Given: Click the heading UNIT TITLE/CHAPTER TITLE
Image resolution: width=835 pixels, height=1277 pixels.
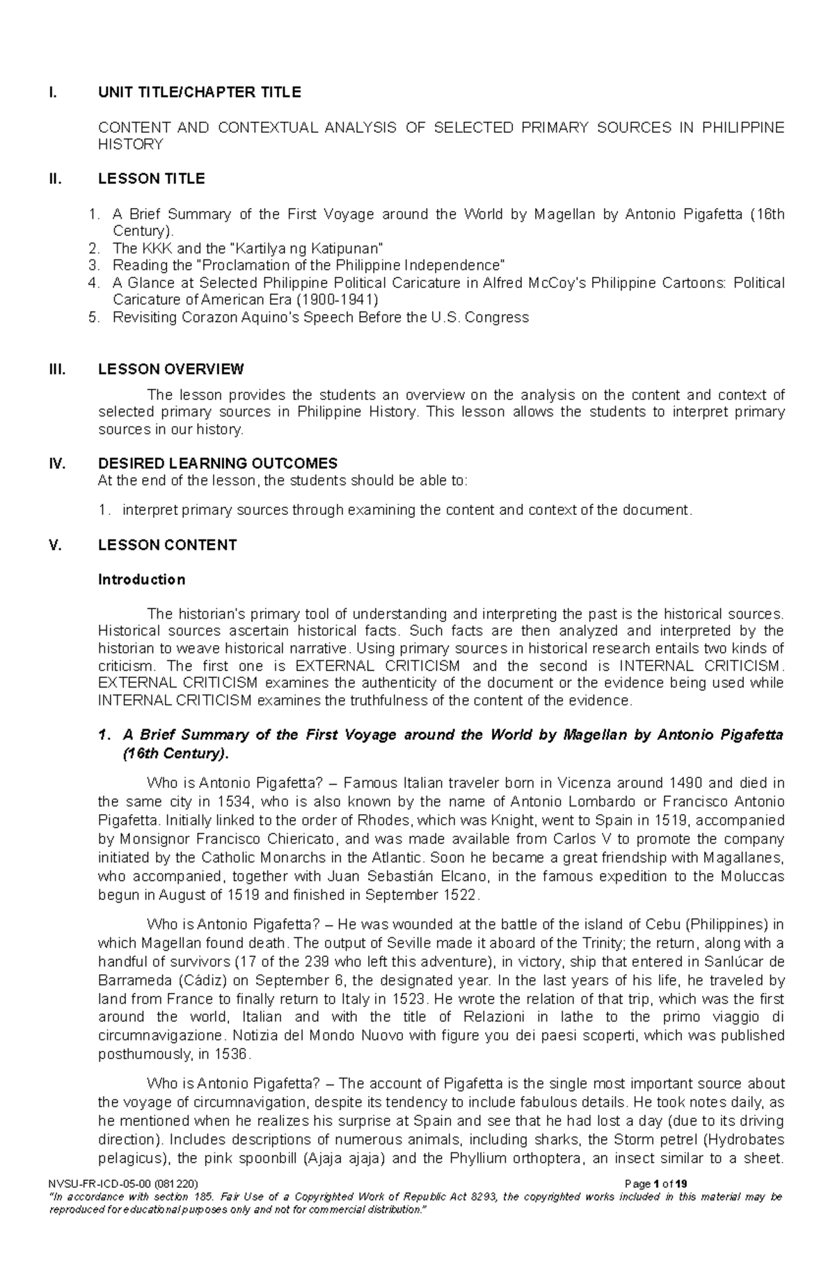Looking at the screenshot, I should pos(199,93).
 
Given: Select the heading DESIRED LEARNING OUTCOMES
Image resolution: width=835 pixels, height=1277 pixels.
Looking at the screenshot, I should pos(218,463).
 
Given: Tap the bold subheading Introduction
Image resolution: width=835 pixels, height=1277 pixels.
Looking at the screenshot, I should pos(141,580).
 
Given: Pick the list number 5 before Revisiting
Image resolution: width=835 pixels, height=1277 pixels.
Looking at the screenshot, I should pos(93,317).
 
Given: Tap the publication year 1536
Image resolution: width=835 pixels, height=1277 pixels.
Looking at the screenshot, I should pos(230,1054).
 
